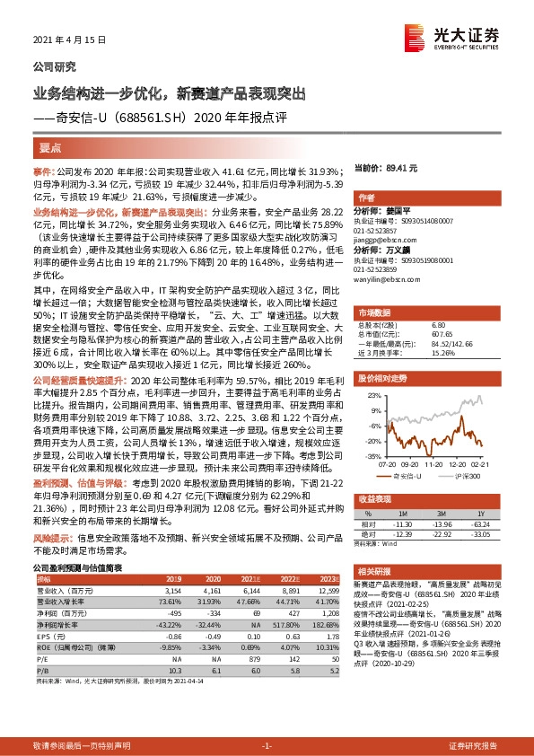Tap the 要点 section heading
tap(50, 146)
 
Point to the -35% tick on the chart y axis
tap(370, 456)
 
